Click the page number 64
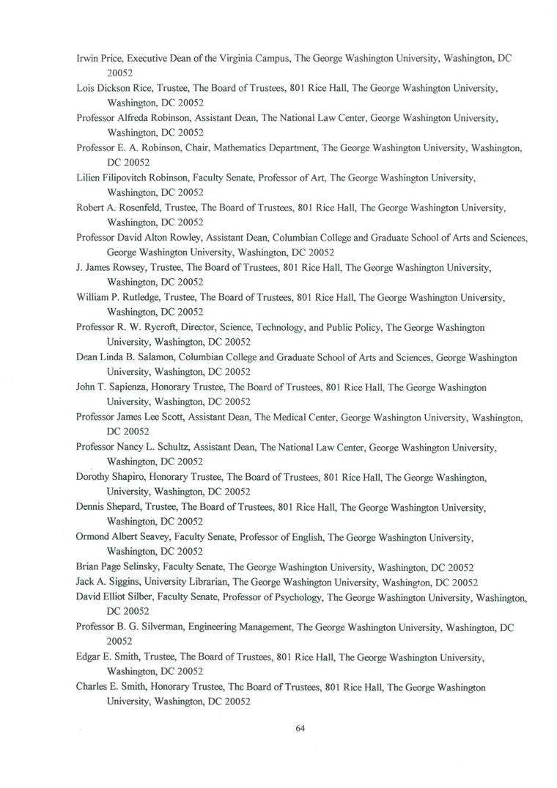pyautogui.click(x=299, y=729)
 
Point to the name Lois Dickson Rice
pyautogui.click(x=110, y=87)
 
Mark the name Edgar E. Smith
pyautogui.click(x=107, y=657)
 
